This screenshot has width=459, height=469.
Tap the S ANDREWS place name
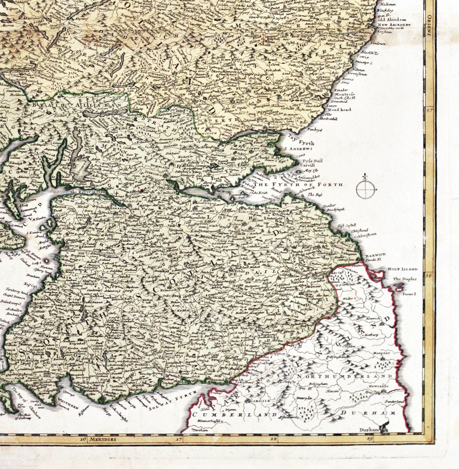tap(299, 148)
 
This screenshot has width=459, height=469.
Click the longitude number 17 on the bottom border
tap(180, 439)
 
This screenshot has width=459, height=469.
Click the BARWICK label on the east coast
tap(373, 255)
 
